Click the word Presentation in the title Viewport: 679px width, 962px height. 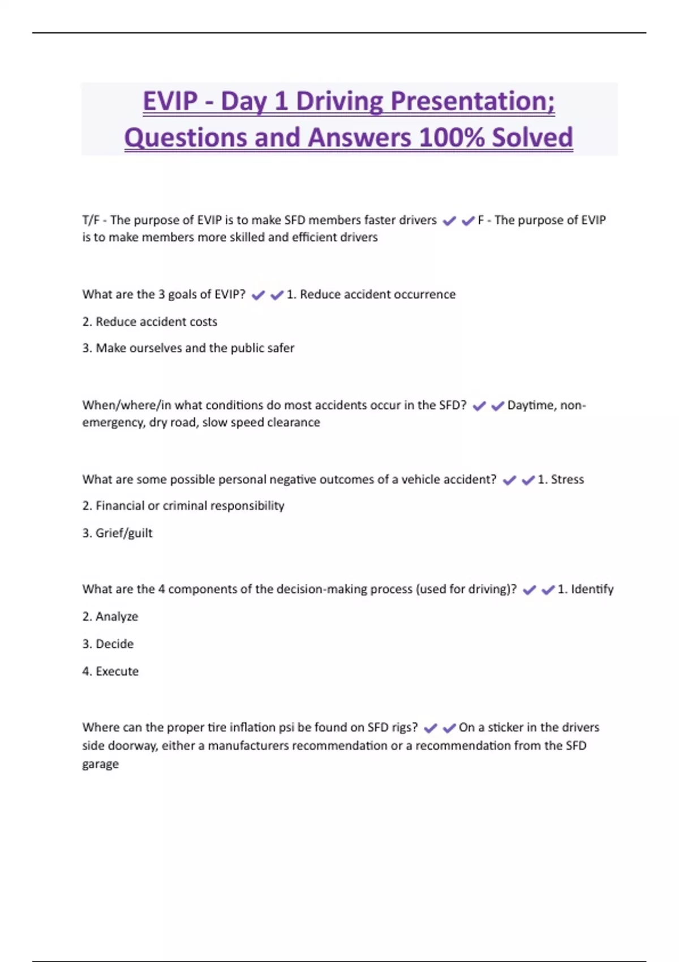coord(472,102)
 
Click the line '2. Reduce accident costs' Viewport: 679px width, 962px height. coord(150,321)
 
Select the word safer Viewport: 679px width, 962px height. coord(280,348)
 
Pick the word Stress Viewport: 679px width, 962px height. coord(567,479)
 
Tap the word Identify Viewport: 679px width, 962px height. coord(592,589)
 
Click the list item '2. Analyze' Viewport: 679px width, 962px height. coord(110,616)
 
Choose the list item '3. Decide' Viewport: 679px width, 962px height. coord(108,644)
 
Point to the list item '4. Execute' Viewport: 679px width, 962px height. coord(110,671)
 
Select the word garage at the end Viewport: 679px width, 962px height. coord(100,764)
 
